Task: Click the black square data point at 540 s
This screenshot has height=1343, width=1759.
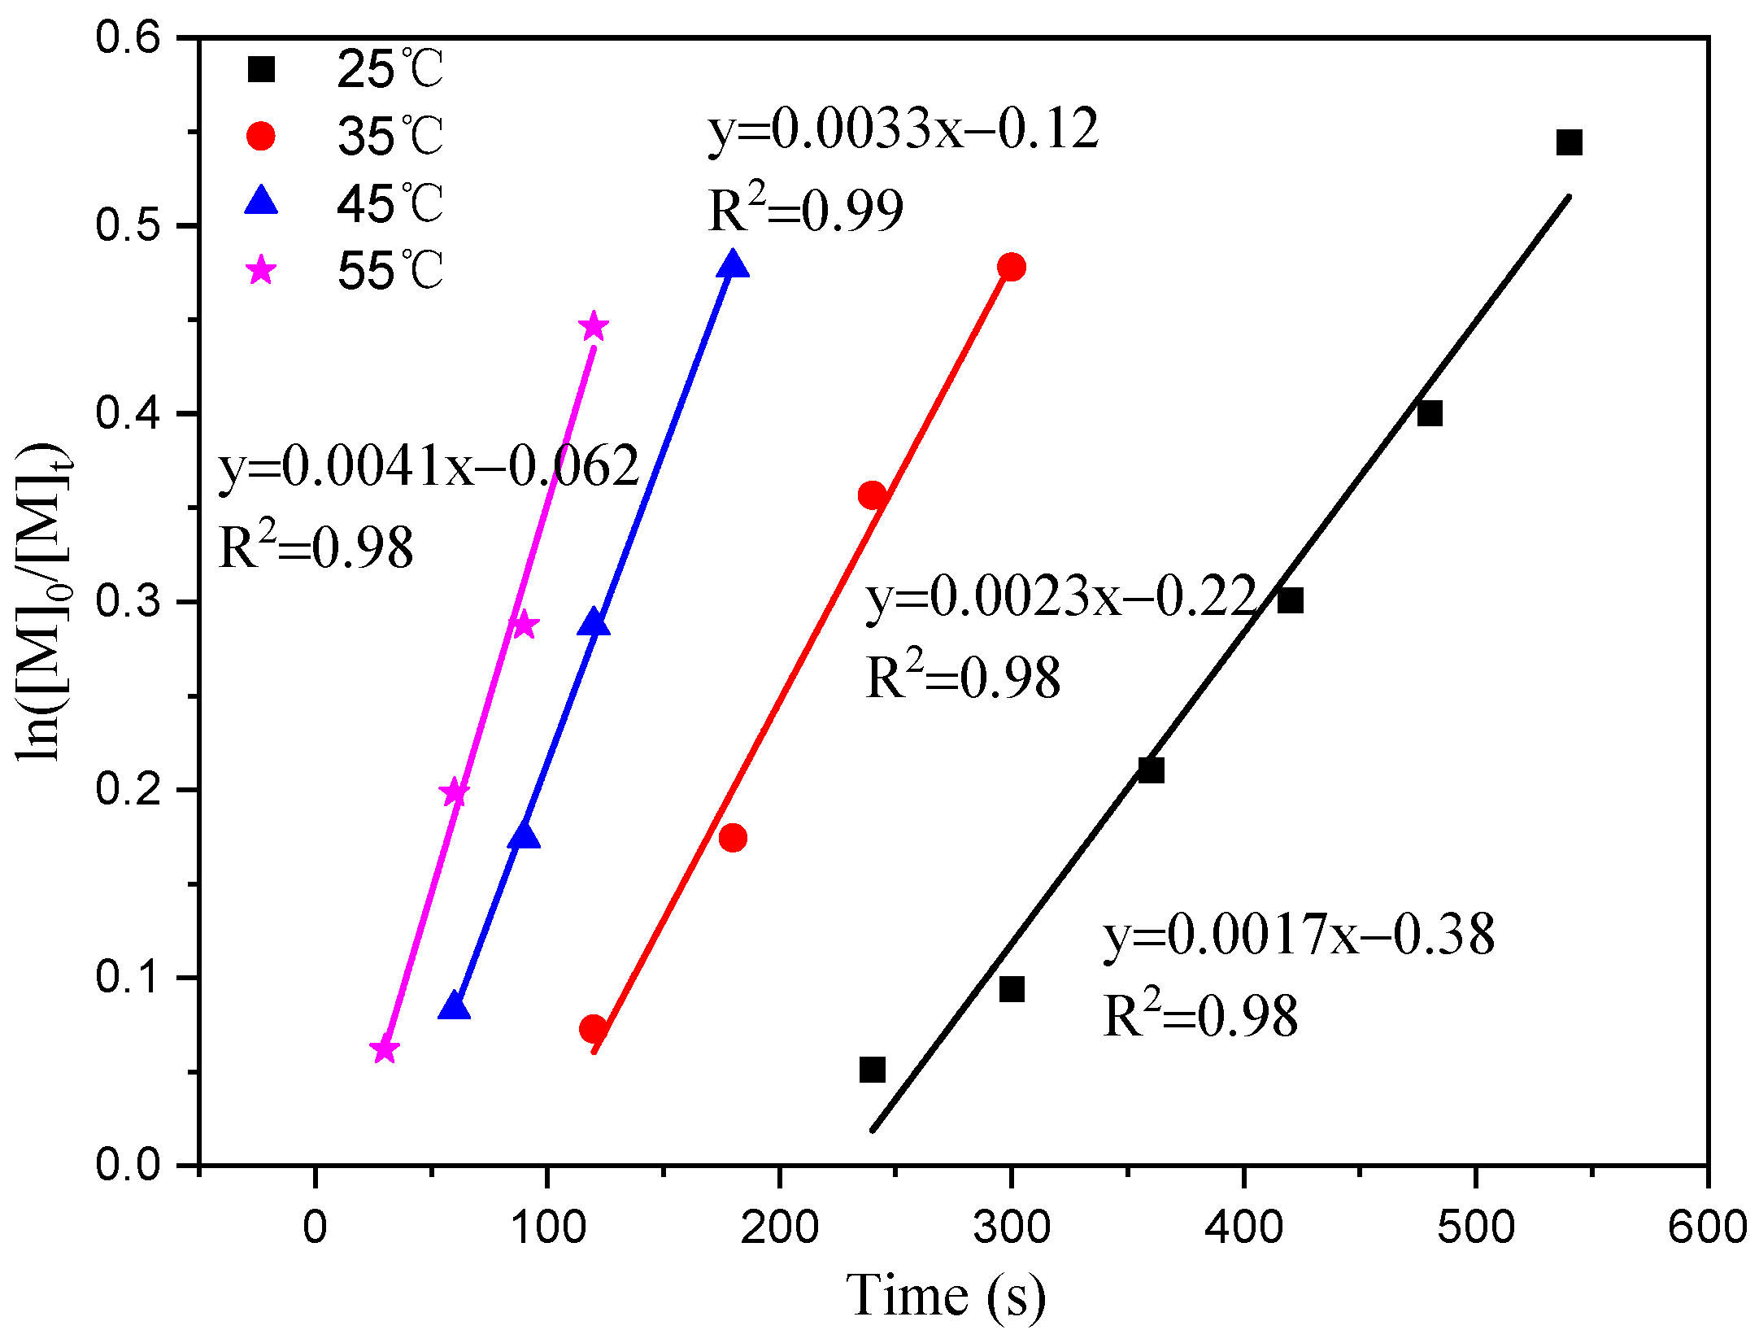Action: tap(1568, 142)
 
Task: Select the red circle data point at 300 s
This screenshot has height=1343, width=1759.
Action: tap(1011, 267)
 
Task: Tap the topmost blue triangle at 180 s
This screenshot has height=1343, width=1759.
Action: tap(733, 265)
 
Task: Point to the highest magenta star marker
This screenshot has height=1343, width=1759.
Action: tap(594, 327)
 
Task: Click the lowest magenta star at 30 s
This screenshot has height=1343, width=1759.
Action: tap(385, 1050)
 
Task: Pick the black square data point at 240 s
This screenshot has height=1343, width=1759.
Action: tap(872, 1070)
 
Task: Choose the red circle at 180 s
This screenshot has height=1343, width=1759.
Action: tap(733, 838)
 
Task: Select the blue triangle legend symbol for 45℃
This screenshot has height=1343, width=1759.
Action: tap(261, 201)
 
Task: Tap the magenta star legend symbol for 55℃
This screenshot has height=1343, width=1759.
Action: tap(261, 269)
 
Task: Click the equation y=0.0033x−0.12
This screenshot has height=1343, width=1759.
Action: tap(903, 130)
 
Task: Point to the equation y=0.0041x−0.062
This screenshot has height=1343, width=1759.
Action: tap(429, 467)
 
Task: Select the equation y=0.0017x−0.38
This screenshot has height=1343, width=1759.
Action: tap(1299, 935)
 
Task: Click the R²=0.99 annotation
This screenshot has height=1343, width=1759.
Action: tap(805, 210)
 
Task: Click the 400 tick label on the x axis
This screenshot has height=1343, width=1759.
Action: tap(1243, 1226)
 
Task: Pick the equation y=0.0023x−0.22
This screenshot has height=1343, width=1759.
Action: tap(1061, 598)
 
